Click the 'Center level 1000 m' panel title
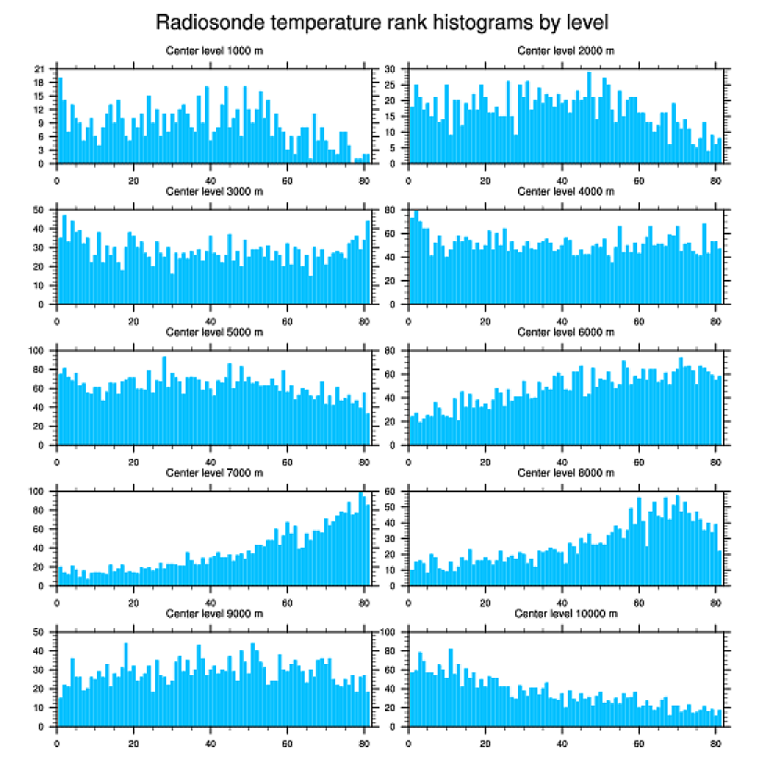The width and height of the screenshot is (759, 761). (213, 51)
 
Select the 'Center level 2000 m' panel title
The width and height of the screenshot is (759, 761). (565, 51)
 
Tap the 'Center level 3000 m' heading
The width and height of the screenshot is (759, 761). (213, 191)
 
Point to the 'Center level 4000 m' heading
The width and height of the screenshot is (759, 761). (565, 191)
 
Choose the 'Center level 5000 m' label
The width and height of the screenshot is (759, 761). (213, 332)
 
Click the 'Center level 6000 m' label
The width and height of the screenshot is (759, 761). (565, 332)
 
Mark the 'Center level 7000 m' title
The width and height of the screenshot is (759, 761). (213, 473)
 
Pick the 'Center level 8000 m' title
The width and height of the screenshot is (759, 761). (565, 473)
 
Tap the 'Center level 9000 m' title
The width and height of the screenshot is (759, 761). (213, 613)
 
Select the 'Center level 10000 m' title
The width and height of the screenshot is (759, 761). (565, 613)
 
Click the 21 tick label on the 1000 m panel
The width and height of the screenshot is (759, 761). (39, 69)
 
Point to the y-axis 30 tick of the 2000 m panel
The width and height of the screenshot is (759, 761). (391, 69)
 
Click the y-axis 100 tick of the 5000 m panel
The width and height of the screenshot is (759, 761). (37, 351)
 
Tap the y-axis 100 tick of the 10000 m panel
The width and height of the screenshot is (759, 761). (389, 633)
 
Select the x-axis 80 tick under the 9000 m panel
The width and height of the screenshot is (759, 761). (364, 740)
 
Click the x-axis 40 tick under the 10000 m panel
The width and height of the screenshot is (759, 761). (561, 740)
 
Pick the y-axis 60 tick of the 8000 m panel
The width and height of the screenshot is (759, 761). (391, 491)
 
